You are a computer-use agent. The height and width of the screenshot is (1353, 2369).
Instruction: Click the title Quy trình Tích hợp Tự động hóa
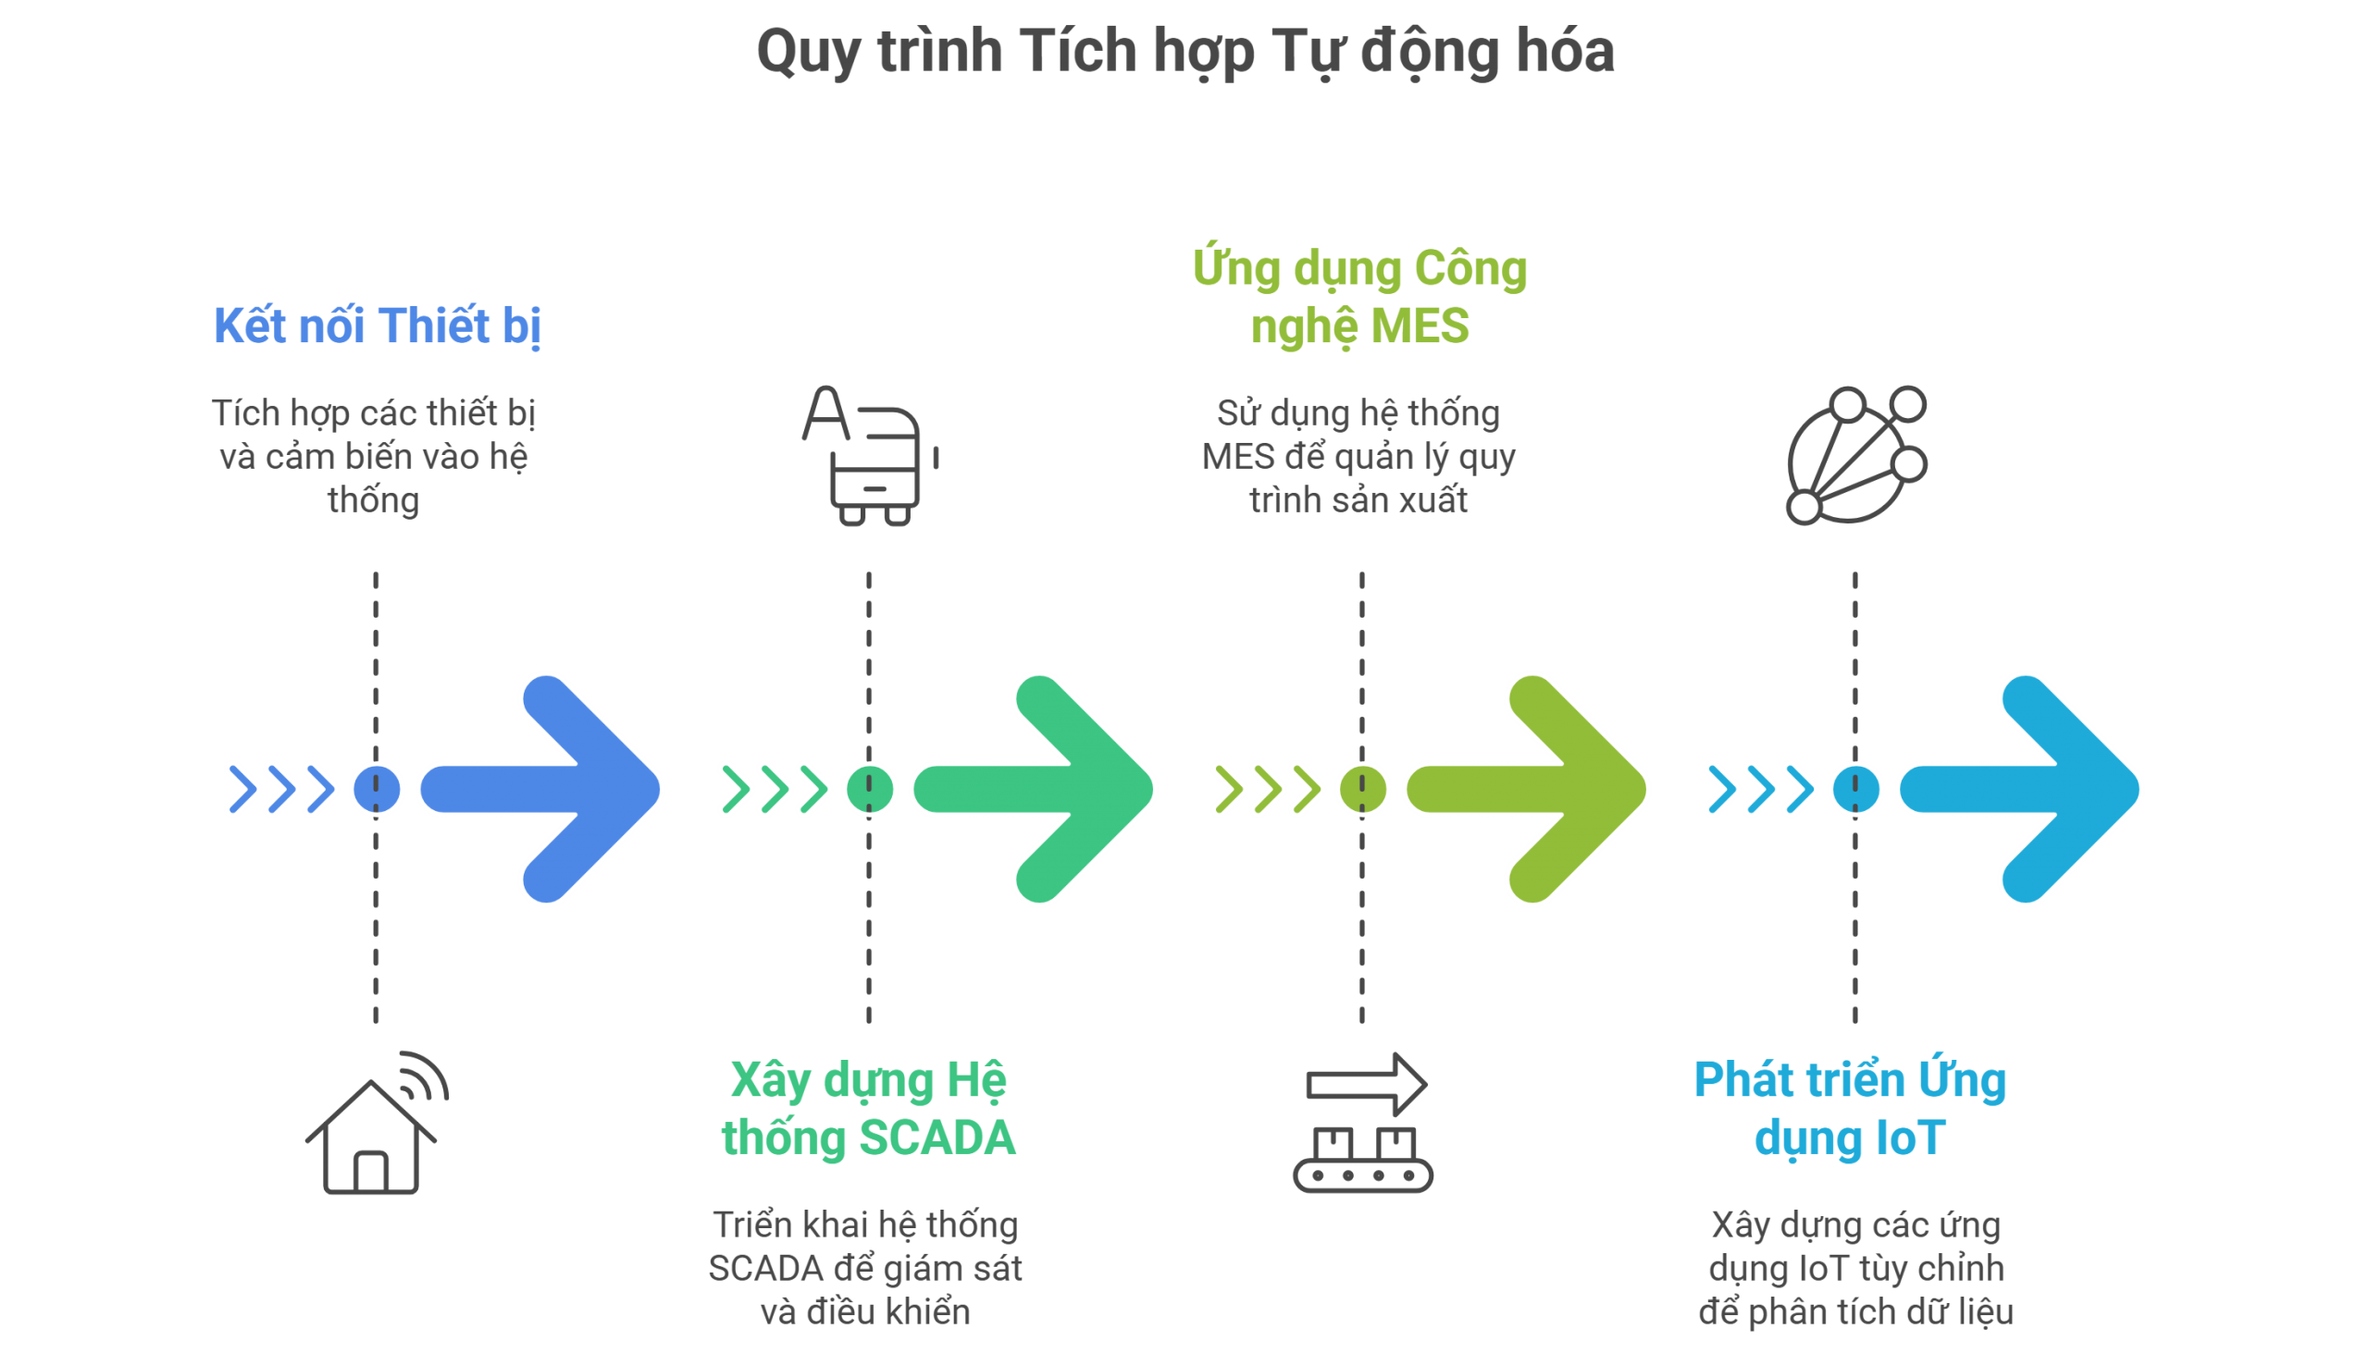tap(1184, 51)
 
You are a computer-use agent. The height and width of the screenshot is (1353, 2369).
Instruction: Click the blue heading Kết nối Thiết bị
tap(377, 326)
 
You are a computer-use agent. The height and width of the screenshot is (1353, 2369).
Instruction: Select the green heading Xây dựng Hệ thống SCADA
tap(868, 1109)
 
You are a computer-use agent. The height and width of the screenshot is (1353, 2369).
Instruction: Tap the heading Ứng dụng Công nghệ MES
tap(1359, 298)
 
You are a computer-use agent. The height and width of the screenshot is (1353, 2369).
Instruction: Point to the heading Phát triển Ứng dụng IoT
tap(1850, 1109)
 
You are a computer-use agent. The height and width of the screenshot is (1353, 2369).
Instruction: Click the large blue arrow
tap(549, 789)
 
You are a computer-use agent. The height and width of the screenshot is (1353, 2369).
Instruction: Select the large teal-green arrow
tap(1041, 789)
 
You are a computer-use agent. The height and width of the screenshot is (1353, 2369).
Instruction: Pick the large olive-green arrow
tap(1534, 789)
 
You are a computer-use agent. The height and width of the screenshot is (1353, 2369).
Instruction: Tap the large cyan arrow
tap(2027, 789)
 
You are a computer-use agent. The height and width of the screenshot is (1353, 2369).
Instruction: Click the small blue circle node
tap(377, 789)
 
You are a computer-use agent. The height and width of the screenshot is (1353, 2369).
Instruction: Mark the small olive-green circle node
tap(1362, 789)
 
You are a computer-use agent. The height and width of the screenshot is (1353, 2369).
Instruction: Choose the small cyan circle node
tap(1854, 789)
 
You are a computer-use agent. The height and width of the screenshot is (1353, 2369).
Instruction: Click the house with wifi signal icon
tap(377, 1124)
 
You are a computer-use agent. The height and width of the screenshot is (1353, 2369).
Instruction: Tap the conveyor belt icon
tap(1363, 1124)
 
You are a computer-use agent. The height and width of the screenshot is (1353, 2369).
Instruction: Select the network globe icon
tap(1855, 455)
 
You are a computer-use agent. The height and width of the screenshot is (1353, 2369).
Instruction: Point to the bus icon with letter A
tap(869, 455)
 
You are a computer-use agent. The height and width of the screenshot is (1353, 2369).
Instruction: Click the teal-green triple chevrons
tap(774, 789)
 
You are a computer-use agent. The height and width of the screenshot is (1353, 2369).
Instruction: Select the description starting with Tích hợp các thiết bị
tap(374, 456)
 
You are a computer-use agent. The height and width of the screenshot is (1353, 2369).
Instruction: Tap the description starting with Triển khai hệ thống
tap(865, 1268)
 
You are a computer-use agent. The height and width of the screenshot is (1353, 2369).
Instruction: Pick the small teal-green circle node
tap(869, 789)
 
